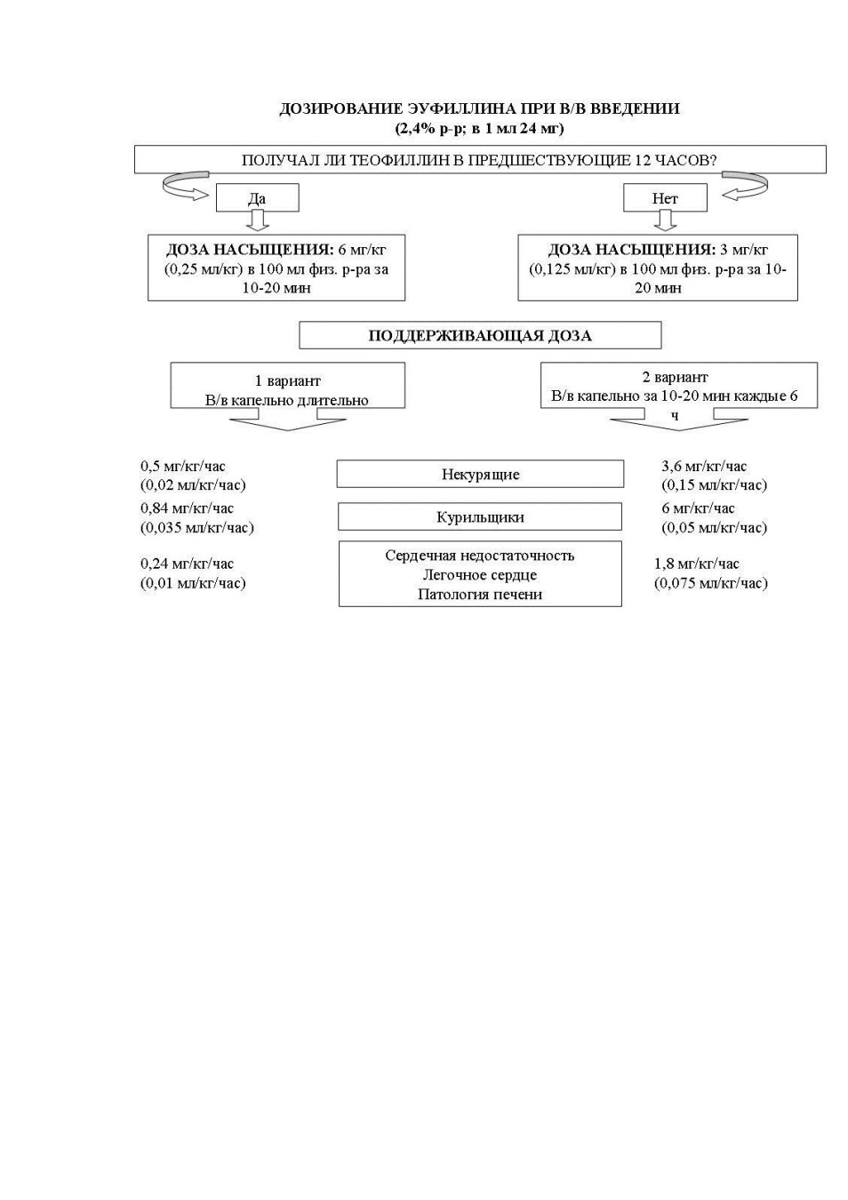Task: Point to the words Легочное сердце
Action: tap(480, 575)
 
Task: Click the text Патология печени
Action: tap(480, 594)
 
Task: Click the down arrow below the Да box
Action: tap(258, 220)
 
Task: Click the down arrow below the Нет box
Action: tap(665, 220)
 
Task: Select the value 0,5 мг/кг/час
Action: tap(183, 466)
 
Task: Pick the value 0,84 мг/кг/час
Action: tap(187, 508)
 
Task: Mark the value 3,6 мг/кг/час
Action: tap(704, 466)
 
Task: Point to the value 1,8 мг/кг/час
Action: tap(696, 564)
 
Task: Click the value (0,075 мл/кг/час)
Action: tap(711, 583)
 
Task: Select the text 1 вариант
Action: tap(288, 381)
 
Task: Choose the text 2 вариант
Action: tap(675, 377)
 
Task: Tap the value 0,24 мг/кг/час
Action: tap(187, 564)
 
